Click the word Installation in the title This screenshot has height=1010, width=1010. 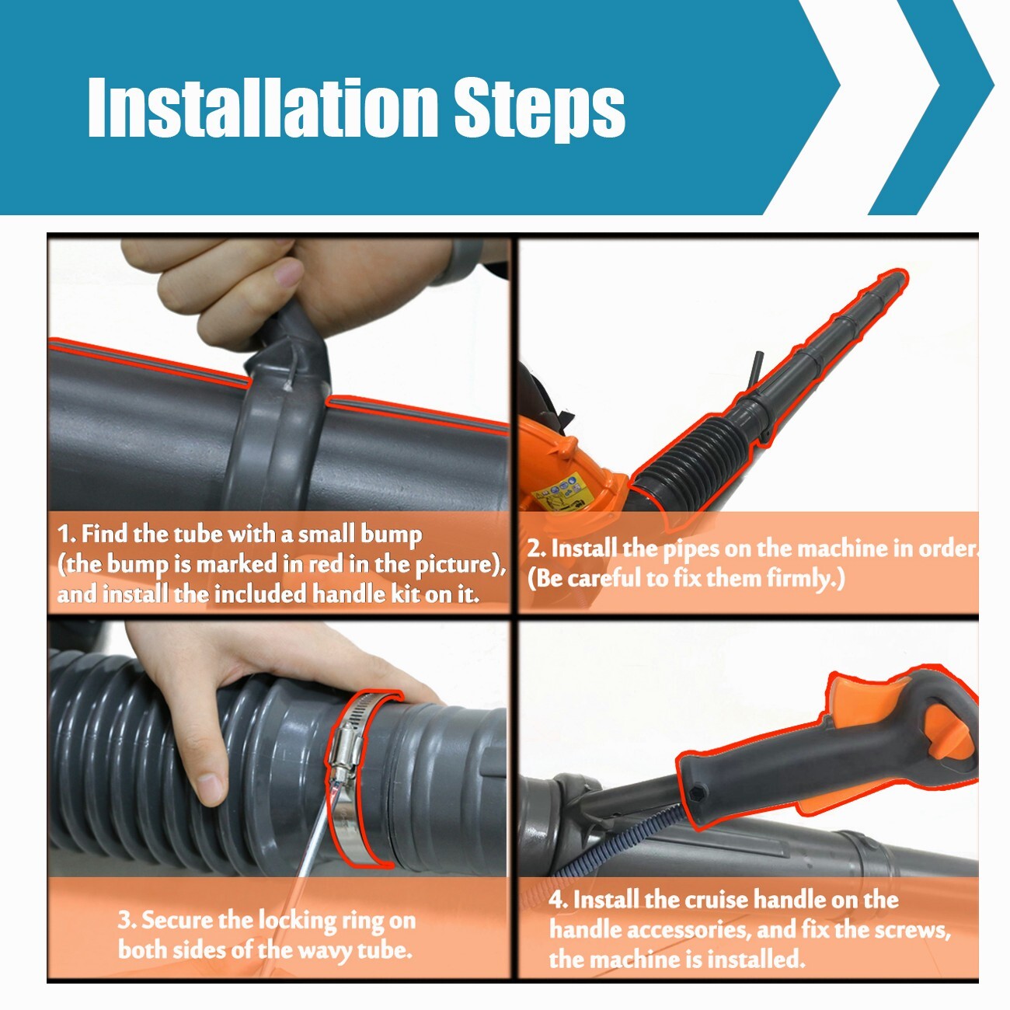[262, 106]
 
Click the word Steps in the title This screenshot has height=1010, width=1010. [539, 110]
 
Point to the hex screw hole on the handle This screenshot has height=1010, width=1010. [697, 793]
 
